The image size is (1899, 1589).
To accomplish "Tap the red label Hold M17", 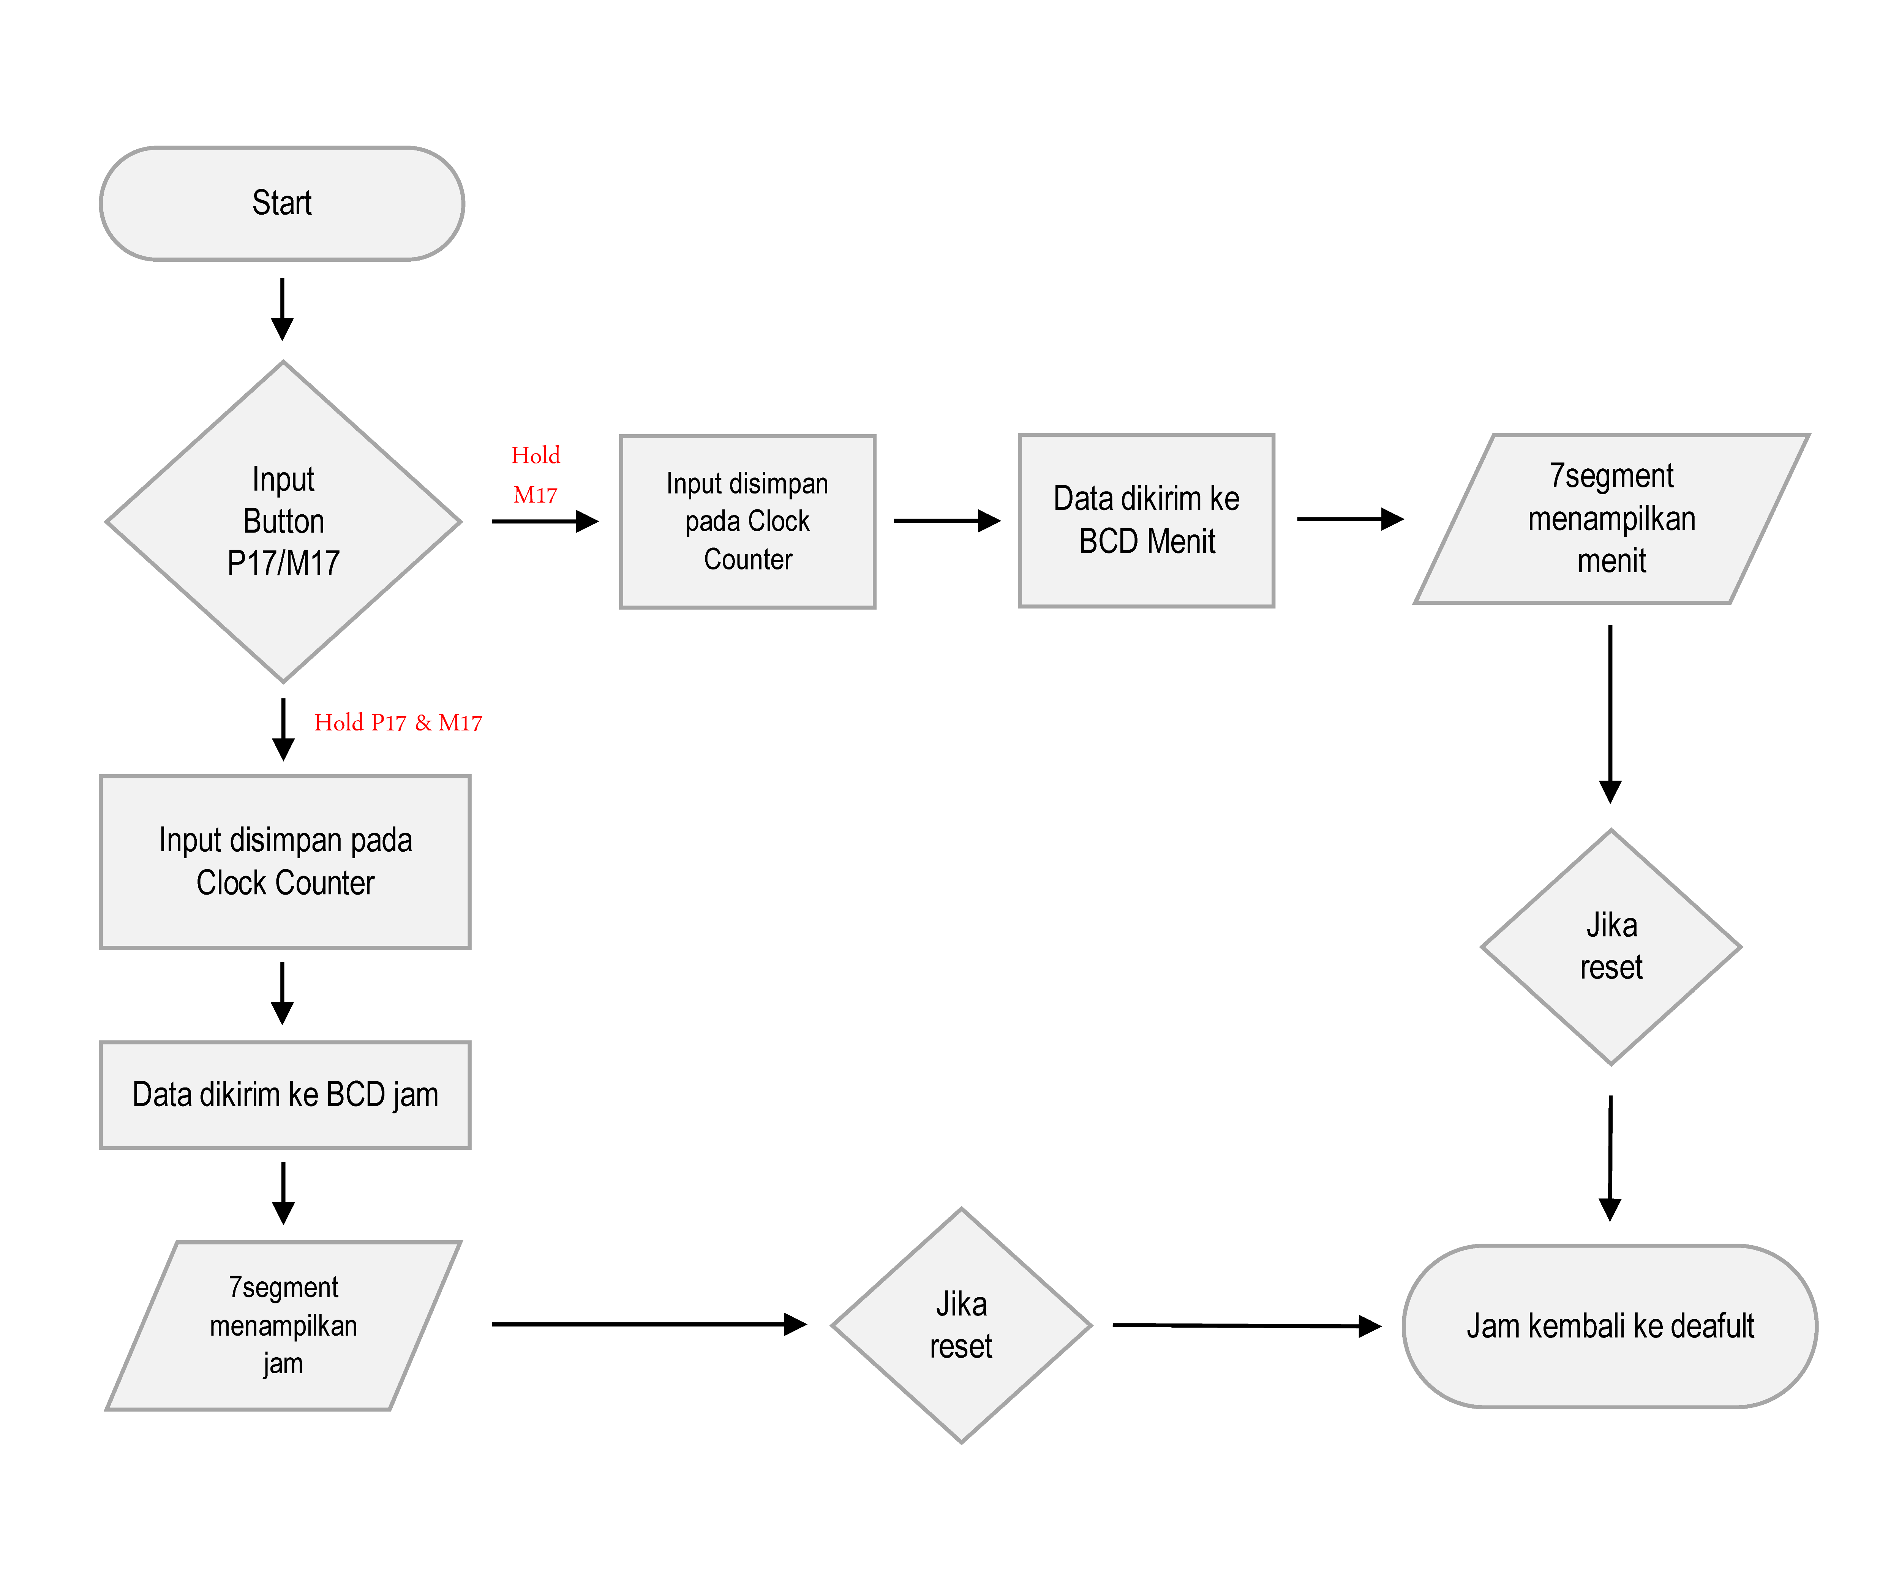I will point(536,475).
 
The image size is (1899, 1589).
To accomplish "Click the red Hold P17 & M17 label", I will point(398,723).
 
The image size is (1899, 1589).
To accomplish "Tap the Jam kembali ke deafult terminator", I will point(1610,1326).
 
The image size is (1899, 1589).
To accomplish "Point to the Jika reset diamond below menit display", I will point(1610,947).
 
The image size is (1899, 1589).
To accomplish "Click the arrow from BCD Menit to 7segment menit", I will point(1349,519).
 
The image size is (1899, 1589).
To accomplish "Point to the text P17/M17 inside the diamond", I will point(283,563).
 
